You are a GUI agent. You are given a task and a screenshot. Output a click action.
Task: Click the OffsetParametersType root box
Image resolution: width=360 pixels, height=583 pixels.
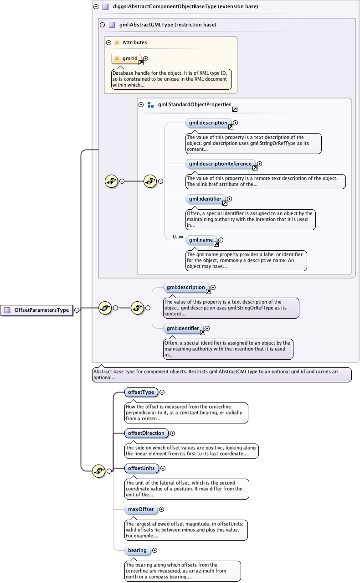click(x=36, y=310)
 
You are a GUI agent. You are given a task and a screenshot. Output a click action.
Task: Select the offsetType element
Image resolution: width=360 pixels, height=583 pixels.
click(x=141, y=392)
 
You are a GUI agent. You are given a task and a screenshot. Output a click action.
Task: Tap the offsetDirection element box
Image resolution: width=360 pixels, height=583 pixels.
click(x=146, y=433)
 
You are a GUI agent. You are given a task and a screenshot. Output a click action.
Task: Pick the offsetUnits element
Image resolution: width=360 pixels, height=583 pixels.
click(x=141, y=468)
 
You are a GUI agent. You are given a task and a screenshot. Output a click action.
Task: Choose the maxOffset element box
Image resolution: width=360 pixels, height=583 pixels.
click(x=141, y=509)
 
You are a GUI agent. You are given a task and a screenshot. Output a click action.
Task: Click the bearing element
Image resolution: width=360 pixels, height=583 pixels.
click(x=137, y=550)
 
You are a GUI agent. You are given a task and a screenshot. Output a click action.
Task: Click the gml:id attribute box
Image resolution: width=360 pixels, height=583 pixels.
click(x=126, y=58)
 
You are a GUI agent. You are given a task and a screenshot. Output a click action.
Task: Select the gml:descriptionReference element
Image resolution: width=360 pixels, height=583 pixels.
click(x=220, y=164)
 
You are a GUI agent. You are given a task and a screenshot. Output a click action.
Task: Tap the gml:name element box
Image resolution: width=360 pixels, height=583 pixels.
click(x=201, y=240)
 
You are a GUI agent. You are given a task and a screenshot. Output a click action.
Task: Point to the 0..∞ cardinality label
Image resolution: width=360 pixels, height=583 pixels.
click(x=178, y=237)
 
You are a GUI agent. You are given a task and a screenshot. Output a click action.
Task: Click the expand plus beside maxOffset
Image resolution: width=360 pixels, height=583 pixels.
click(x=161, y=509)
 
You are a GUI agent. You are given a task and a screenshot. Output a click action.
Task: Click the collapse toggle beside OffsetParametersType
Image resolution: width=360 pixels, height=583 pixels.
click(x=77, y=310)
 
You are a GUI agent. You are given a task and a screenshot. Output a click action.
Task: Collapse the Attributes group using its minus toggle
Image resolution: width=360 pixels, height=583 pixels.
click(x=109, y=42)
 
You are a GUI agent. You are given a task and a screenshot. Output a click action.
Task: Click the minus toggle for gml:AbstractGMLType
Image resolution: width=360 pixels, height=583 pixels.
click(x=102, y=25)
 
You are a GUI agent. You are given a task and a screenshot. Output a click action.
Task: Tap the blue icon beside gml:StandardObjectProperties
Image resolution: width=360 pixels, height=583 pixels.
click(x=150, y=105)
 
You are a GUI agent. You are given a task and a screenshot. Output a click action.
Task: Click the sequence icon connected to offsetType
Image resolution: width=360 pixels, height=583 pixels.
click(x=99, y=471)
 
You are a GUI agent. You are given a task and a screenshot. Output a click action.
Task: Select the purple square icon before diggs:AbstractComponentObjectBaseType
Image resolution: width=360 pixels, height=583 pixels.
click(x=106, y=6)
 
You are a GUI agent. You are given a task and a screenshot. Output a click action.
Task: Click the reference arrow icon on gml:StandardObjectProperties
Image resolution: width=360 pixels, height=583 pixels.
click(x=235, y=109)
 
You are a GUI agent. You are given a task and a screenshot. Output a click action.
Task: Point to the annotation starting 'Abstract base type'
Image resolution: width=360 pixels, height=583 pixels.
click(x=222, y=375)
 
